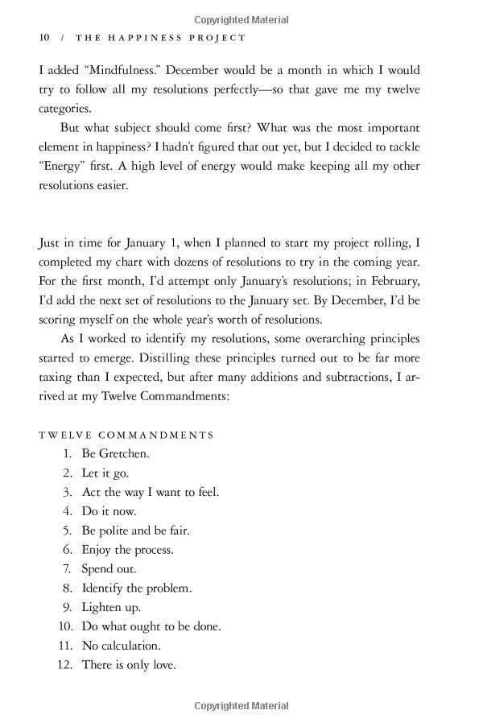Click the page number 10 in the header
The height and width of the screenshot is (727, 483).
[x=44, y=38]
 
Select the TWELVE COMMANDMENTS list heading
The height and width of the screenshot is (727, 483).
[x=126, y=435]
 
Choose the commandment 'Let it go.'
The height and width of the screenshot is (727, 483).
[x=105, y=473]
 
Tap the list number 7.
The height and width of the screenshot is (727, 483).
[x=68, y=568]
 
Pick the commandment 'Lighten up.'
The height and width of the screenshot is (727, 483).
[x=111, y=607]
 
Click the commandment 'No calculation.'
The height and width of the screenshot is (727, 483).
[x=121, y=646]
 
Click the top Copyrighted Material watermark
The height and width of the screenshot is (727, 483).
[x=242, y=20]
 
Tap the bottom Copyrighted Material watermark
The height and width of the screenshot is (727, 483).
[x=242, y=706]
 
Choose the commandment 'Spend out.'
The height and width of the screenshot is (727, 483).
[x=109, y=568]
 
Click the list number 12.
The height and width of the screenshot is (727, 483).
[x=65, y=665]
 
